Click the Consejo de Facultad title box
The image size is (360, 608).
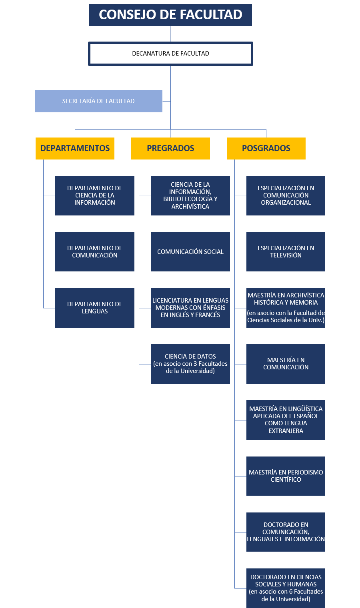[170, 15]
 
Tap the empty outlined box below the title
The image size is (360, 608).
[170, 54]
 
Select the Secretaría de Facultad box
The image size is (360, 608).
[98, 101]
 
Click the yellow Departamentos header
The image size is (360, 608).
[75, 148]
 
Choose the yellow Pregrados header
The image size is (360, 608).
[170, 148]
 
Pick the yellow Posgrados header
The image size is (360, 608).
[266, 148]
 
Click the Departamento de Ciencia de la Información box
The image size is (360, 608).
[95, 195]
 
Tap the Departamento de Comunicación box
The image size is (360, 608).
[95, 252]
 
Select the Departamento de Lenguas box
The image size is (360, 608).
[95, 308]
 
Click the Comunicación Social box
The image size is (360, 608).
[190, 252]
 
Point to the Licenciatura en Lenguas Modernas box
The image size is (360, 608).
[190, 308]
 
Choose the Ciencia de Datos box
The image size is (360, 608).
[190, 364]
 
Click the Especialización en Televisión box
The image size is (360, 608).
[286, 252]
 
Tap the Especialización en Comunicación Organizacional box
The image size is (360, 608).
[286, 195]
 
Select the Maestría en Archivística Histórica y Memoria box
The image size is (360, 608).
[286, 308]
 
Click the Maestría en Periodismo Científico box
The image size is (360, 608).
[286, 476]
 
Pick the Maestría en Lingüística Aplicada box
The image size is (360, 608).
[286, 420]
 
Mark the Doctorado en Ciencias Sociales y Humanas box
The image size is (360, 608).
[286, 588]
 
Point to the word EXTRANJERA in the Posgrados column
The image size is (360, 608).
[286, 431]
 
